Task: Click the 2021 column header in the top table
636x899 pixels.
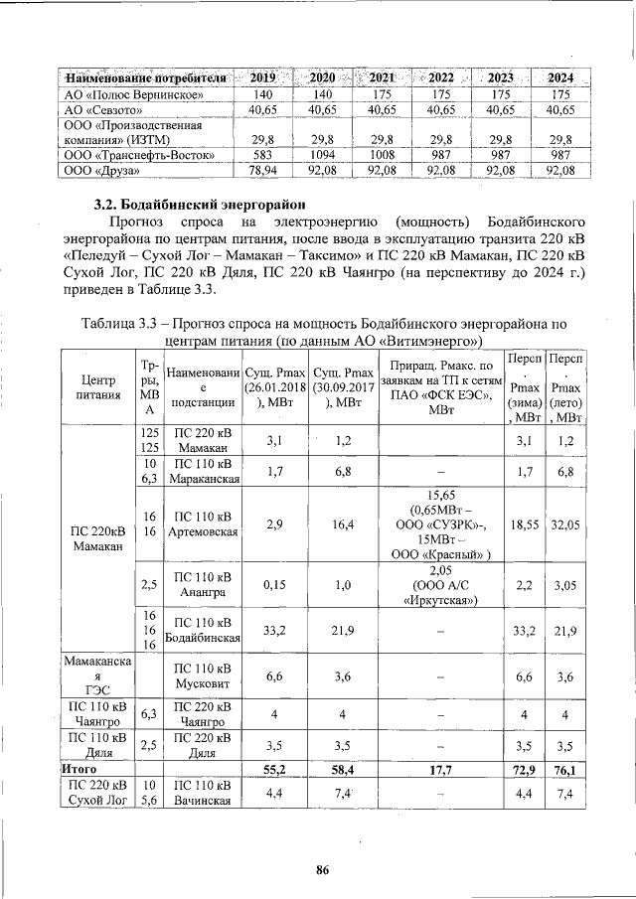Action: coord(383,76)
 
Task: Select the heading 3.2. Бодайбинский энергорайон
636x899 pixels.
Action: coord(189,204)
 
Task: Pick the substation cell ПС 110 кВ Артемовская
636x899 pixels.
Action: coord(204,523)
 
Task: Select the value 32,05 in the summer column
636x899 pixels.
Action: coord(563,523)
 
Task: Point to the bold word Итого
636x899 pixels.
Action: coord(79,769)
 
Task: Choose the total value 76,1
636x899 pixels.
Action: coord(563,769)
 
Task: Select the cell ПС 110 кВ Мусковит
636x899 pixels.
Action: coord(204,677)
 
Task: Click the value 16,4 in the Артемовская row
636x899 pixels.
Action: coord(339,523)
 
